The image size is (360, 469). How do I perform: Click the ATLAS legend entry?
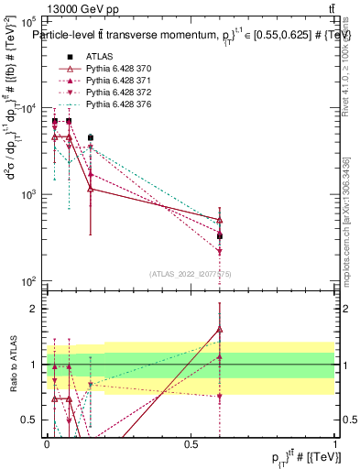[x=98, y=57]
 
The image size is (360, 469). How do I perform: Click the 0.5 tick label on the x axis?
[x=191, y=442]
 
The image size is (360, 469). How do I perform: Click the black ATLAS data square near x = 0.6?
[x=220, y=236]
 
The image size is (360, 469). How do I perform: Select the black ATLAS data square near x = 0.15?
[x=90, y=138]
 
